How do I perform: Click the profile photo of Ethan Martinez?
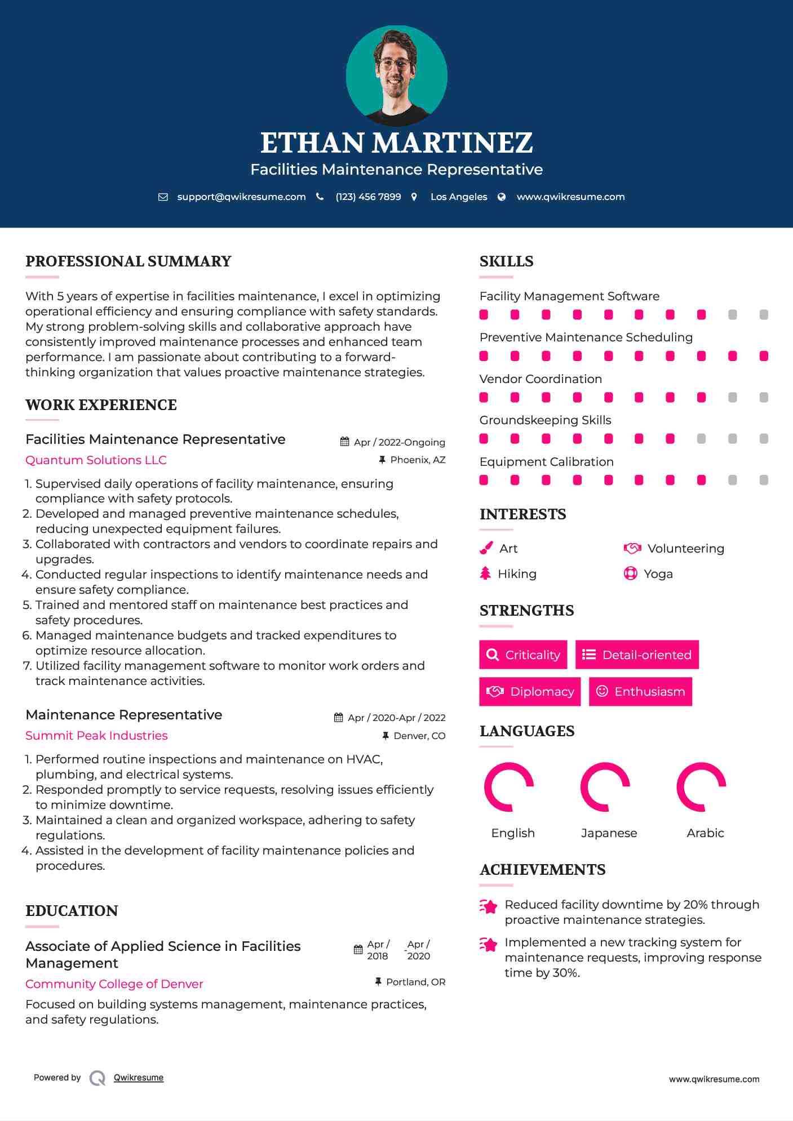coord(396,75)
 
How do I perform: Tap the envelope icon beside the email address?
coord(163,197)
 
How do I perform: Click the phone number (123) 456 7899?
coord(368,197)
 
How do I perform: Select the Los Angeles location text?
coord(458,197)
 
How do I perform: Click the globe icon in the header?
coord(502,197)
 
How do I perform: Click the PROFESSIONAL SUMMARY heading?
coord(129,261)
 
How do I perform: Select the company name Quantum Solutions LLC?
coord(96,460)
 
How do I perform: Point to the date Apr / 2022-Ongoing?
coord(399,442)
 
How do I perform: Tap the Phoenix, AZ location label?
coord(418,460)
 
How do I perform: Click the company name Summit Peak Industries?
coord(96,736)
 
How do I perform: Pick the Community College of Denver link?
coord(114,984)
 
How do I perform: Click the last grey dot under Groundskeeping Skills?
coord(764,439)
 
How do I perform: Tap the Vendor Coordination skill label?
coord(541,379)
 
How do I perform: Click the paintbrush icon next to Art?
coord(486,549)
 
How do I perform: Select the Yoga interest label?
coord(658,574)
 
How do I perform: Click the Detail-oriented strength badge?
coord(637,655)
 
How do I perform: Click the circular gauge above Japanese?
coord(605,787)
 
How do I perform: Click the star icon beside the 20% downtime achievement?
coord(488,906)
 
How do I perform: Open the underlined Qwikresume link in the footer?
coord(139,1078)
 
